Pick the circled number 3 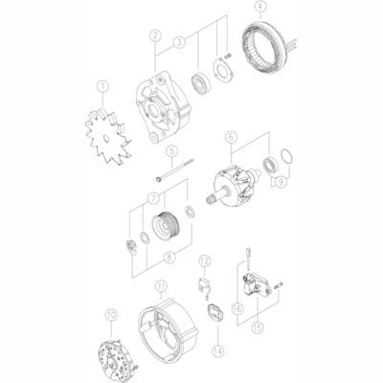179,42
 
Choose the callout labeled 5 171,151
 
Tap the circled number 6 229,138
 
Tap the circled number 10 111,313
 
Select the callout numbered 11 161,284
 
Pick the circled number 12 204,260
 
